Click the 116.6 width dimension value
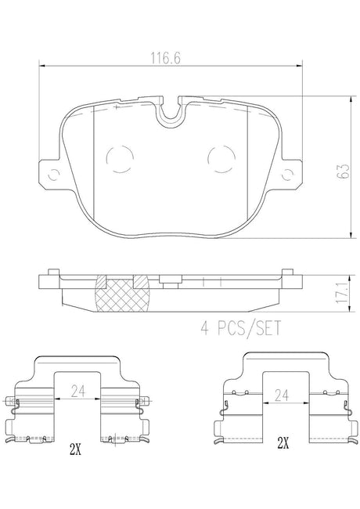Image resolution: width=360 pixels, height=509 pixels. coord(165,58)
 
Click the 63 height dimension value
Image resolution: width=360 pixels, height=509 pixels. coord(343,171)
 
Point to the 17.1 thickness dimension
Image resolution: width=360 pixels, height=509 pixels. coord(343,293)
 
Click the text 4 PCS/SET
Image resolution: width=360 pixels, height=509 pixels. coord(240,328)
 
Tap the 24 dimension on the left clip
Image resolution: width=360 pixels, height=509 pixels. coord(77,391)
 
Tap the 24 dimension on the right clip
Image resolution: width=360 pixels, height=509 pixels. coord(281,395)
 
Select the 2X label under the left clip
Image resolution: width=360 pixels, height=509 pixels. coord(75,449)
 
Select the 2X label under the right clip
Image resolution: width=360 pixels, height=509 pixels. coord(283,442)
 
